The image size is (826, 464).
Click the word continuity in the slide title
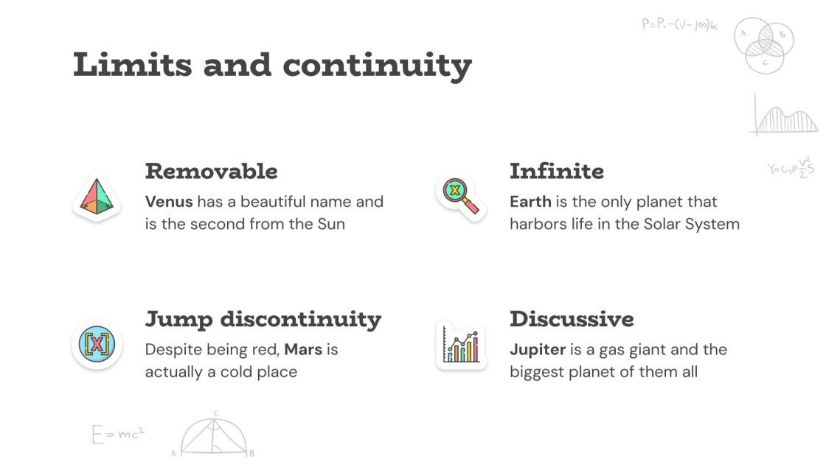coord(377,65)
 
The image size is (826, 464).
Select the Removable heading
coord(211,172)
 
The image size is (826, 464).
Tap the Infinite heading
coord(556,172)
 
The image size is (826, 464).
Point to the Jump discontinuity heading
coord(263,320)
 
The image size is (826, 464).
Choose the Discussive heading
coord(571,320)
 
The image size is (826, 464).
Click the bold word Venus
coord(169,202)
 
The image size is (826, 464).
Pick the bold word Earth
coord(530,202)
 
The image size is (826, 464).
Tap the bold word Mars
coord(303,349)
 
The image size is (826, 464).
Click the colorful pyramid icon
coord(96,197)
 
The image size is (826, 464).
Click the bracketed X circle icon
coord(97,344)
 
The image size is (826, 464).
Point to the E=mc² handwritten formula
coord(118,434)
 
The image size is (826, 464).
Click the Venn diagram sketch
coord(764,44)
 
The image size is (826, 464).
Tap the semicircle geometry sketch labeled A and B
coord(214,436)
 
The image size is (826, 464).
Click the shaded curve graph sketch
coord(785,117)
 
